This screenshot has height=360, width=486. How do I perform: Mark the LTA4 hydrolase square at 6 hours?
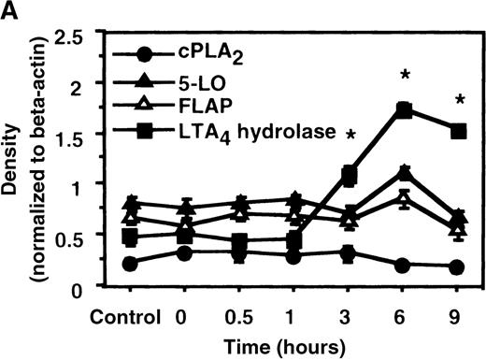[404, 109]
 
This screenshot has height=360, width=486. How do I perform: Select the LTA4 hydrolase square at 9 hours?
[457, 131]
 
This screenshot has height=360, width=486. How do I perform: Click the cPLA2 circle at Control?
[132, 265]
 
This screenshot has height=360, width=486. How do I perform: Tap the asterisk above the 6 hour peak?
[405, 75]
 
